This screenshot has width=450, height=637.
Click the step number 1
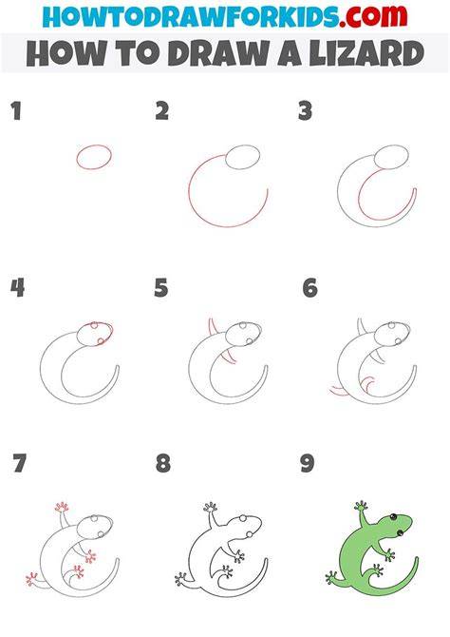point(16,111)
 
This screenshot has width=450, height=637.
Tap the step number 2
point(162,111)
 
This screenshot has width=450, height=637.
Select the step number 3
point(305,111)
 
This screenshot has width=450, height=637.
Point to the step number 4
point(17,288)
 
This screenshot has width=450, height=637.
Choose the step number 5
point(161,288)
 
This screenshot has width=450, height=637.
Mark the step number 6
point(310,288)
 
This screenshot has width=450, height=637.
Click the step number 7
point(20,463)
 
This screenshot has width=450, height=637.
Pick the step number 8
point(163,463)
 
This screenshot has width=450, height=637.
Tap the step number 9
point(308,463)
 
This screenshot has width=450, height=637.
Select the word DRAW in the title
point(218,53)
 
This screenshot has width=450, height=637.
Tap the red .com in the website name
point(373,16)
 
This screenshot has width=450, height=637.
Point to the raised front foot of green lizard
point(361,506)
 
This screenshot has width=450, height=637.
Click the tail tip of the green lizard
point(416,559)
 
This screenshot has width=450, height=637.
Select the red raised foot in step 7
point(62,507)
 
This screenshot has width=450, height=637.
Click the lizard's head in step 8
point(245,528)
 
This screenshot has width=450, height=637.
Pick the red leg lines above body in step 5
point(213,327)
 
